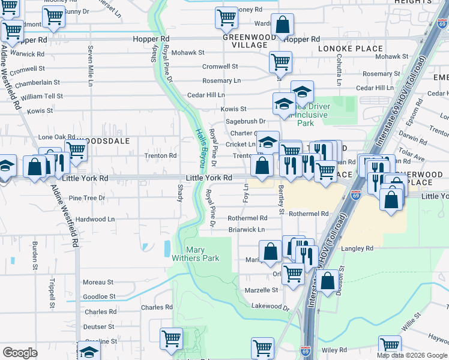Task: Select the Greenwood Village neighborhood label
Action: pyautogui.click(x=245, y=41)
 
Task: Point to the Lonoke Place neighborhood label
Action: pyautogui.click(x=351, y=49)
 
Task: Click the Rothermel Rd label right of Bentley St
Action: pyautogui.click(x=309, y=214)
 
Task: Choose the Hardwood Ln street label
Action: pyautogui.click(x=91, y=220)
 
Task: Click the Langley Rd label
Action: pyautogui.click(x=357, y=248)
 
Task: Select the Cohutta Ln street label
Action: pyautogui.click(x=339, y=68)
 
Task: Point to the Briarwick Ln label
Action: pyautogui.click(x=246, y=230)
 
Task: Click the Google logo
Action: pyautogui.click(x=20, y=353)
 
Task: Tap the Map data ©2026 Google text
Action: pyautogui.click(x=412, y=355)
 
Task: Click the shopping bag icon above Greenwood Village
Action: pyautogui.click(x=282, y=25)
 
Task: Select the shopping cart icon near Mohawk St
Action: pyautogui.click(x=280, y=61)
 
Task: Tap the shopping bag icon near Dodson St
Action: pyautogui.click(x=328, y=281)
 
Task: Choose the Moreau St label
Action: pyautogui.click(x=98, y=282)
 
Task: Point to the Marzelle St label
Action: pyautogui.click(x=262, y=290)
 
